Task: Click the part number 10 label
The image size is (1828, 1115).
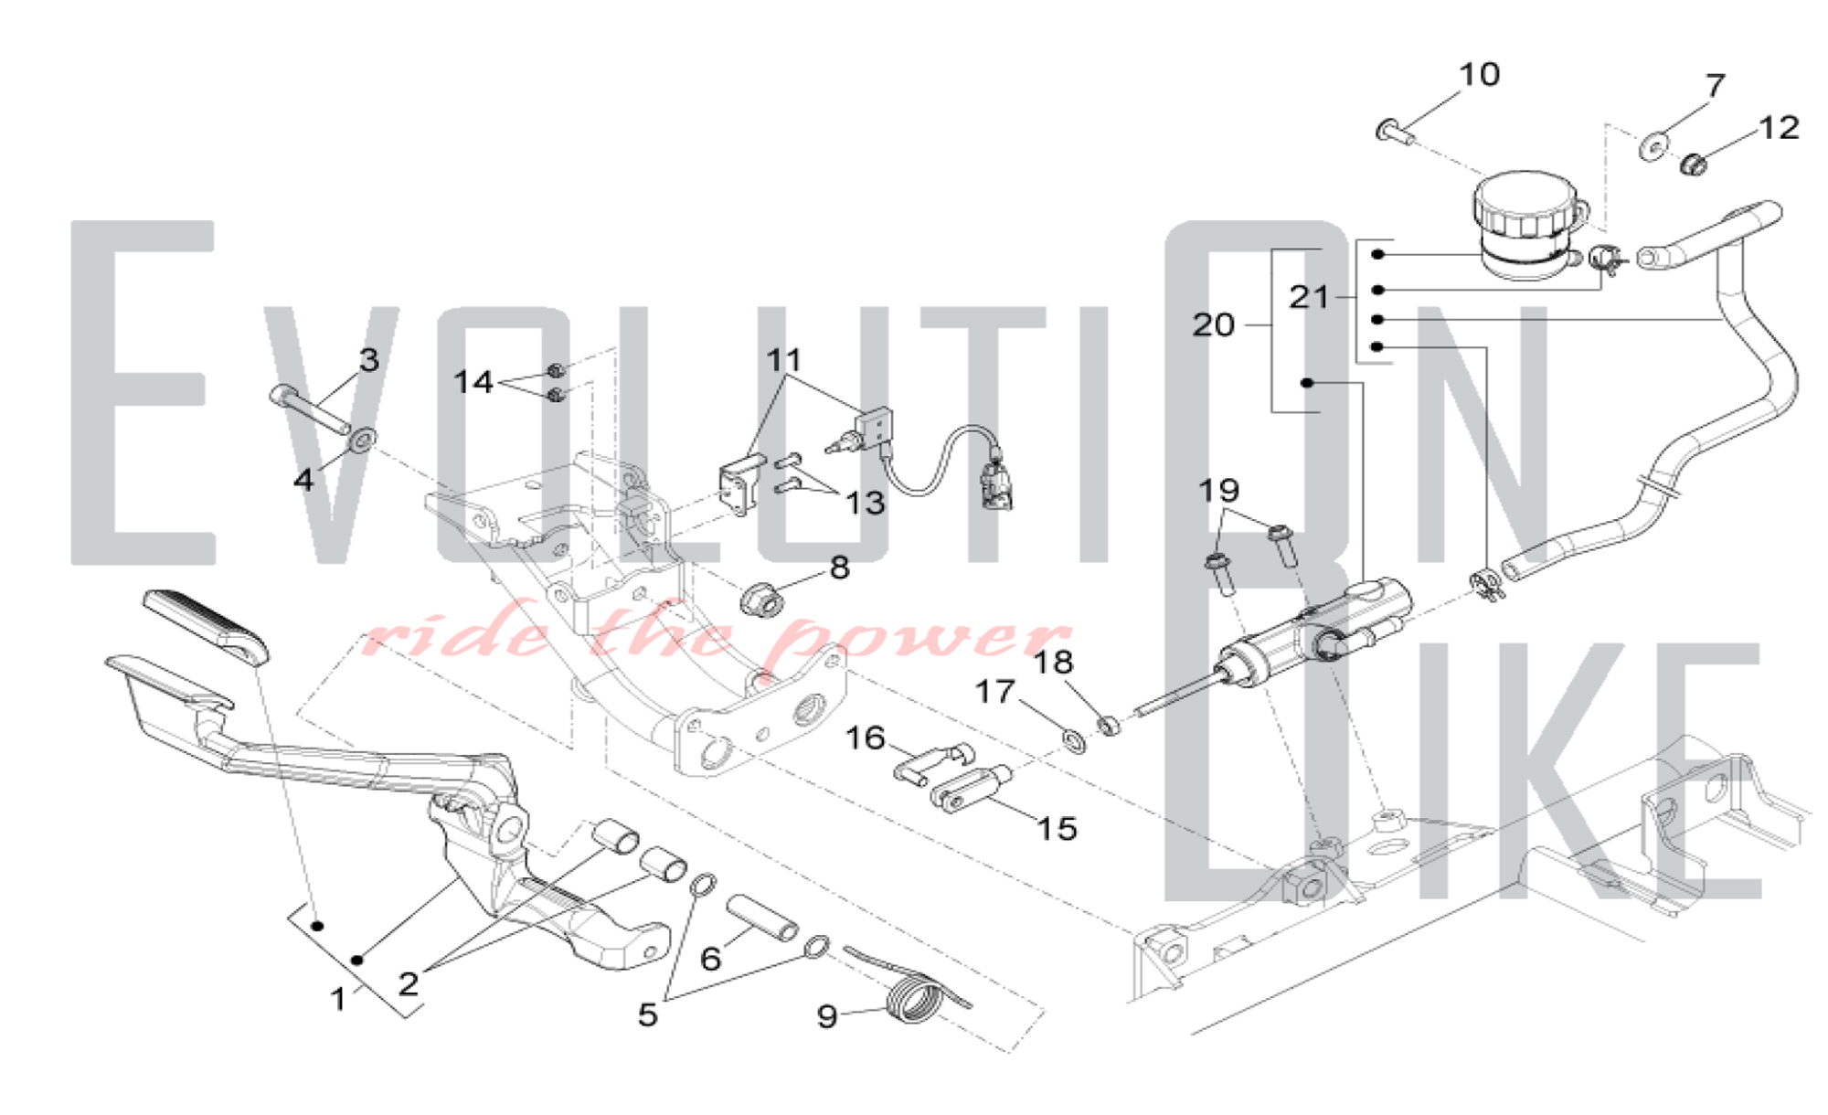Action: tap(1479, 75)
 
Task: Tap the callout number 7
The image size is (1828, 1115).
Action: tap(1715, 86)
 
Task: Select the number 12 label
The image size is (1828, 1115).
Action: tap(1779, 127)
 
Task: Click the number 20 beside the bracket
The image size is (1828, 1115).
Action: tap(1213, 324)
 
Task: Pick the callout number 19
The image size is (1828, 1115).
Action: tap(1219, 491)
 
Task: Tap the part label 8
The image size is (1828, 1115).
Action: tap(839, 568)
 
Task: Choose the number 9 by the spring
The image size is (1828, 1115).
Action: tap(827, 1015)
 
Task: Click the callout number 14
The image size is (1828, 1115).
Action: tap(473, 381)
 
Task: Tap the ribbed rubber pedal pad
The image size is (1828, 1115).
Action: tap(207, 626)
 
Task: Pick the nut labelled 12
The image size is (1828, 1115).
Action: tap(1694, 165)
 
